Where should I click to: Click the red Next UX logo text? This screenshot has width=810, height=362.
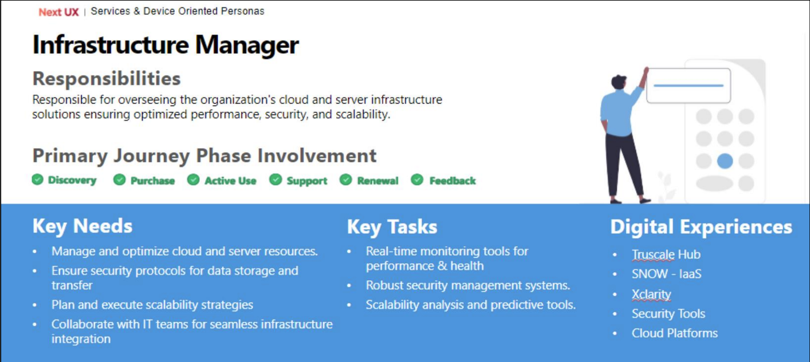coord(59,12)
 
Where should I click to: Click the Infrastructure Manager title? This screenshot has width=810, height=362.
coord(166,45)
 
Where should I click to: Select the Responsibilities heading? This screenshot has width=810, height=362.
coord(107,78)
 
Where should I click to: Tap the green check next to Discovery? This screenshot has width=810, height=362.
coord(37,179)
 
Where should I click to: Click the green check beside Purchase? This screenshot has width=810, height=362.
coord(119,180)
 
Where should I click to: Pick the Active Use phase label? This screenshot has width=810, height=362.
coord(230,181)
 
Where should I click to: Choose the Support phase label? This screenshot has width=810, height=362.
coord(307,181)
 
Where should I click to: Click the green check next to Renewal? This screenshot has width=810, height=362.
coord(346,180)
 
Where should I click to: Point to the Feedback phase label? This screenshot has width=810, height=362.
coord(452,181)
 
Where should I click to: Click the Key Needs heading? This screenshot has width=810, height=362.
coord(82,226)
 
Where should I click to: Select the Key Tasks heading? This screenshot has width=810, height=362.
coord(392,227)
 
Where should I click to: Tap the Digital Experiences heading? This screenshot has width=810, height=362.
coord(701,227)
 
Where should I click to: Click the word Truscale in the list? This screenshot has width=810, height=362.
coord(653,254)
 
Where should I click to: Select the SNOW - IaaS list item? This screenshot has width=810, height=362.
coord(666,274)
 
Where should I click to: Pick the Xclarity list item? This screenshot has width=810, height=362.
coord(651,294)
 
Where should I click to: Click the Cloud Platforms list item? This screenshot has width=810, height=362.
coord(674,333)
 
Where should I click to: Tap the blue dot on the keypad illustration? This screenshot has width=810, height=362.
coord(725,161)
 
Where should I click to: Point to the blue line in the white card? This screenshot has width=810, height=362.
coord(688,85)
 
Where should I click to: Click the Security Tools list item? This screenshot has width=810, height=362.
coord(669,314)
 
